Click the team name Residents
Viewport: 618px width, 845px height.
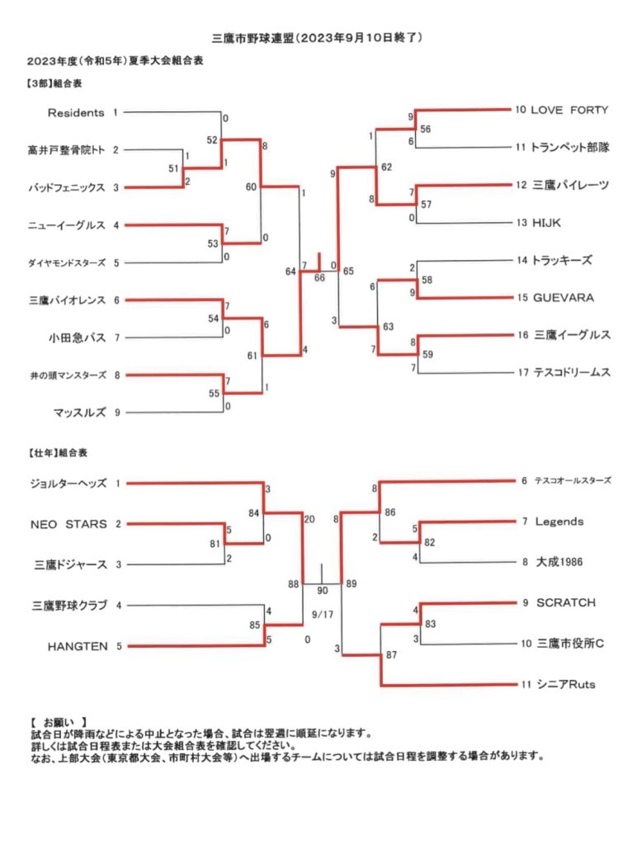point(75,112)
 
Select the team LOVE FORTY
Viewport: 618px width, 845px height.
point(569,110)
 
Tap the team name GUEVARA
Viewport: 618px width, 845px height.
point(563,297)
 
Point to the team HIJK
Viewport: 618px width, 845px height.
point(546,223)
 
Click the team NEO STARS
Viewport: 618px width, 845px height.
point(68,524)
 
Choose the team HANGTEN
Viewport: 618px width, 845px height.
point(78,646)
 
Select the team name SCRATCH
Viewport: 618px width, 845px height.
point(566,602)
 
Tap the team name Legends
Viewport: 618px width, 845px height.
point(559,522)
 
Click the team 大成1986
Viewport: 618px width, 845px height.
point(559,562)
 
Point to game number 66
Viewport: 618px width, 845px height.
point(319,277)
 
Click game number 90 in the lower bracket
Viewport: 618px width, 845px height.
point(322,591)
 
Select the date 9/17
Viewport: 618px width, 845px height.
point(322,614)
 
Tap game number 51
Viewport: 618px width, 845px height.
point(173,168)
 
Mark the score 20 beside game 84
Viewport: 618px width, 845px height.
point(309,520)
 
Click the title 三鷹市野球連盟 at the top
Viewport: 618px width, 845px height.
point(252,38)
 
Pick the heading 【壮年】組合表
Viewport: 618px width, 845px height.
point(57,453)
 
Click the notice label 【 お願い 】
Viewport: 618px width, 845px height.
point(59,722)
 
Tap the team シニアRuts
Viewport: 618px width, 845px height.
point(566,684)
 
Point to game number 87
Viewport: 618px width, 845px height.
point(391,654)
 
